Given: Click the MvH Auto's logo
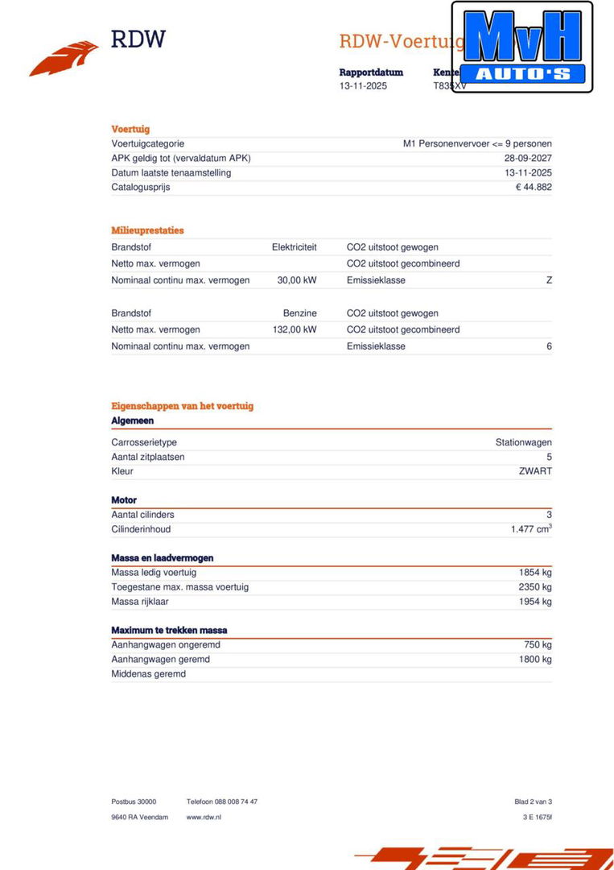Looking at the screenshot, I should coord(521,47).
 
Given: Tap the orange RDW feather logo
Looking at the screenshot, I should coord(64,59).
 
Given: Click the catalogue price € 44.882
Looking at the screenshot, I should coord(534,188).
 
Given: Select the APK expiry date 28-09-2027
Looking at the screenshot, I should coord(528,159).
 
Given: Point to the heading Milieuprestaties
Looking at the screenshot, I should coord(147,230).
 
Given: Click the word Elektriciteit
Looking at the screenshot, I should coord(294,247).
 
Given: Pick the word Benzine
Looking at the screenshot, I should coord(299,313).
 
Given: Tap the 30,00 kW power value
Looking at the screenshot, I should coord(296,280).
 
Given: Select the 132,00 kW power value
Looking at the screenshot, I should coord(294,329).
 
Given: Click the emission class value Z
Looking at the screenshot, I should coord(549,280).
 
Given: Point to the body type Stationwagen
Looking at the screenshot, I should coord(523,442).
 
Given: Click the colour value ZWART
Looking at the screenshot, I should coord(535,471).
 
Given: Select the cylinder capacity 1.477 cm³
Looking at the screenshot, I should coord(530,529).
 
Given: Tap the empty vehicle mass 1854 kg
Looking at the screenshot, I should coord(535,573).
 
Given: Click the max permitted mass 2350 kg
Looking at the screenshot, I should coord(535,587).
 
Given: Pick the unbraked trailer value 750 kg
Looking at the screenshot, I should coord(538,645).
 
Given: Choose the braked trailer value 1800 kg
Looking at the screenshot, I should coord(535,660).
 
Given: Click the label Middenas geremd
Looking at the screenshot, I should coord(148,674).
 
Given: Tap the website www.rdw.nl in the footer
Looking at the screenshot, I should coord(204,817).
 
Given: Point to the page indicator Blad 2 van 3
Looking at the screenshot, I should coord(533,802).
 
